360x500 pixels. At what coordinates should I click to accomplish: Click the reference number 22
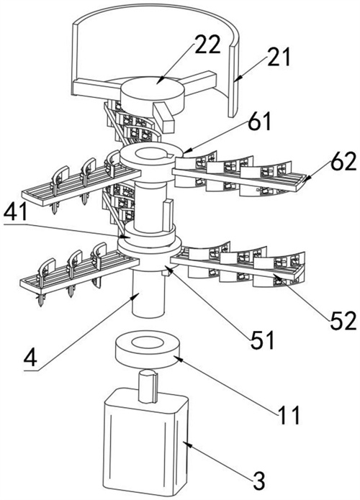pos(208,44)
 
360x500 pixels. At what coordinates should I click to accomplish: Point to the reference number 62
pos(343,161)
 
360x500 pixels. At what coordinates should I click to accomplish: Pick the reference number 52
pos(343,320)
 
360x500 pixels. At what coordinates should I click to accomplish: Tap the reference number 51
pos(262,340)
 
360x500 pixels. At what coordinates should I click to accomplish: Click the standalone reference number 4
pos(31,358)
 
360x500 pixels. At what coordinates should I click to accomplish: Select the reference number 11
pos(289,414)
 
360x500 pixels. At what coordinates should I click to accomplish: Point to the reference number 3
pos(258,481)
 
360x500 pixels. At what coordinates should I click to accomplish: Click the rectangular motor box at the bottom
pos(145,442)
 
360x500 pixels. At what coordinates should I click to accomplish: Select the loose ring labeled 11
pos(148,348)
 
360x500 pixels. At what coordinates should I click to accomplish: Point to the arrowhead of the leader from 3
pos(186,443)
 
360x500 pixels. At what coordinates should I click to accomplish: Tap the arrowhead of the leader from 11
pos(176,358)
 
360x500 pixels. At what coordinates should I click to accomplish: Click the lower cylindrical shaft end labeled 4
pos(148,294)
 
